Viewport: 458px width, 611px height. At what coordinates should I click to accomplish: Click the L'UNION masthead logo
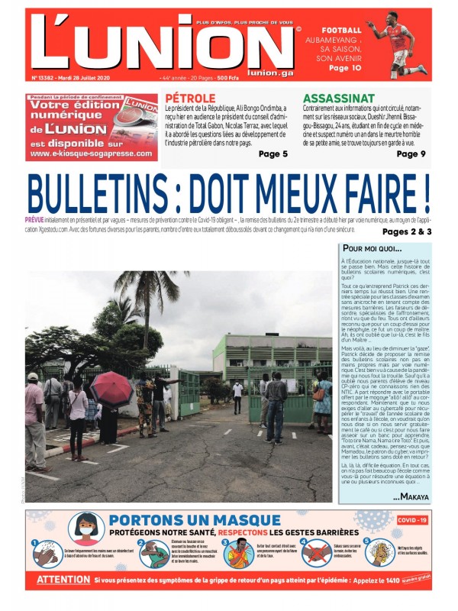[x=160, y=44]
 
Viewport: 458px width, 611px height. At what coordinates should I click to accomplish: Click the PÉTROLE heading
[x=191, y=99]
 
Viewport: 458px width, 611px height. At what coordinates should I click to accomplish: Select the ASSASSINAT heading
[x=338, y=99]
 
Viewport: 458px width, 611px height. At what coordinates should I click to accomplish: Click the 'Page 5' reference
[x=273, y=154]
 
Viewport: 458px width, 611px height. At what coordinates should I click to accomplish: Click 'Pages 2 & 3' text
[x=407, y=231]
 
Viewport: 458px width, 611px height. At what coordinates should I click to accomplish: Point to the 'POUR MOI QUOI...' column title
[x=372, y=248]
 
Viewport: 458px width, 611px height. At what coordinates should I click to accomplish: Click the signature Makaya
[x=411, y=496]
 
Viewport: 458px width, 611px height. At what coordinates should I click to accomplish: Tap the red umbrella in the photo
[x=111, y=388]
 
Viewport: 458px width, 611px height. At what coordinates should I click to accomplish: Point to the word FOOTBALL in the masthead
[x=341, y=29]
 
